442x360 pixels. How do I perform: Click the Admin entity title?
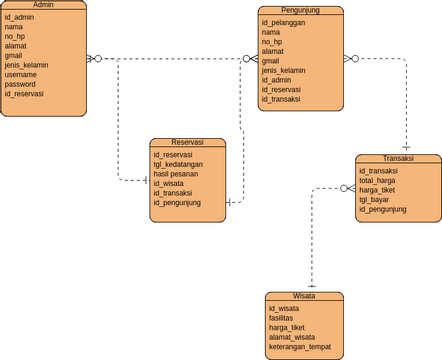tap(43, 5)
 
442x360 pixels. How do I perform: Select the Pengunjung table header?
tap(300, 10)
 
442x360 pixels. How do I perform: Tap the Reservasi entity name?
tap(189, 143)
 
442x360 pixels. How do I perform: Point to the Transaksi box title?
tap(398, 159)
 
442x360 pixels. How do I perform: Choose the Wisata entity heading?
tap(304, 297)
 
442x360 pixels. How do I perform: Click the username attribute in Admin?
tap(21, 74)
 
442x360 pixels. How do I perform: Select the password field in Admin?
tap(21, 84)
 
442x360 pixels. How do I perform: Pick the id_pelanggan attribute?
tap(284, 22)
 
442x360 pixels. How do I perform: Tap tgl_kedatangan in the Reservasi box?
tap(181, 164)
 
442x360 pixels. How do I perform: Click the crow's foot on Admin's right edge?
tap(93, 59)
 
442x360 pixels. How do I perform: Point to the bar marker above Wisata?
tap(311, 286)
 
